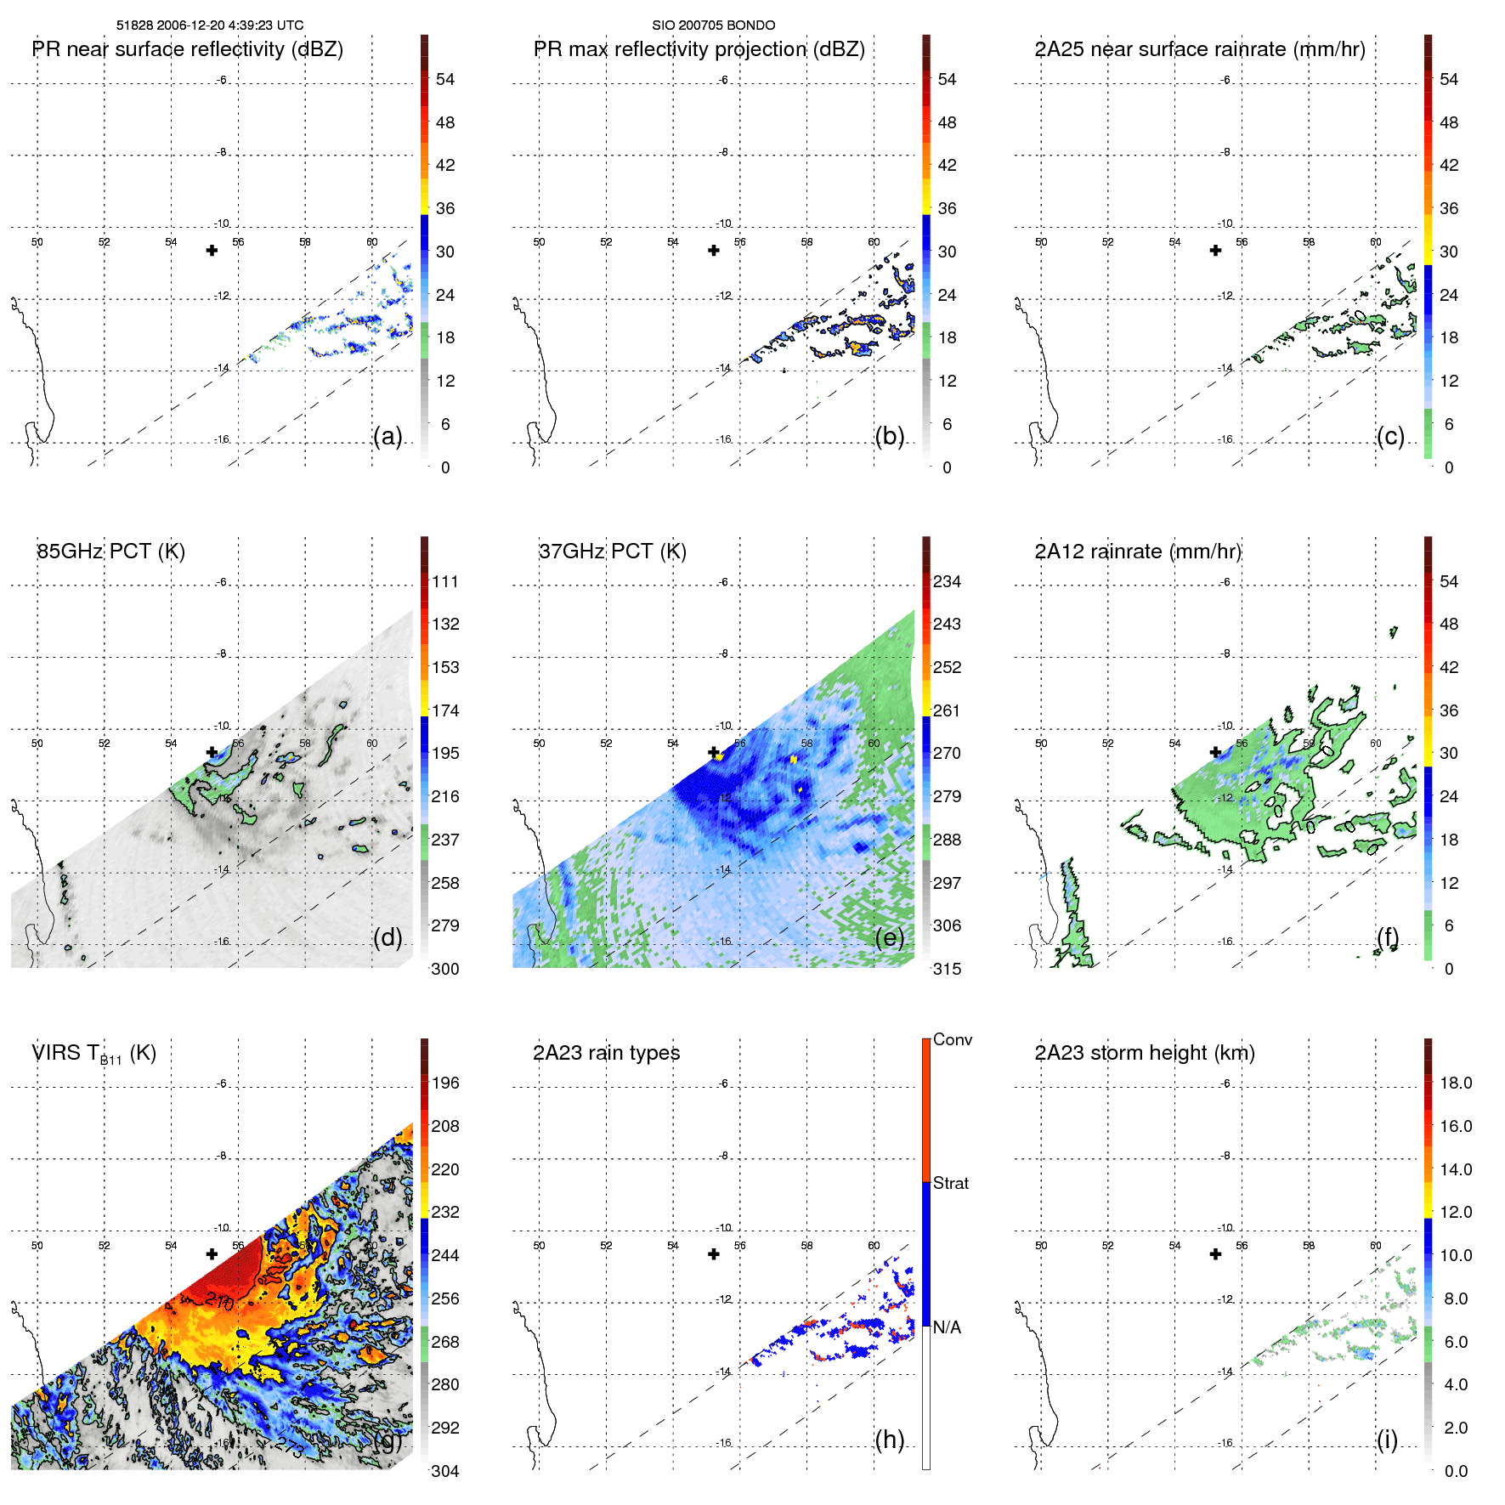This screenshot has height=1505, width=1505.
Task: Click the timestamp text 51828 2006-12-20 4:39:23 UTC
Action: [x=210, y=25]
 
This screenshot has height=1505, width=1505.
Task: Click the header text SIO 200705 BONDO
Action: [x=713, y=25]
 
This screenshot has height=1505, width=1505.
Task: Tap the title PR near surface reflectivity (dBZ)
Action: [x=188, y=49]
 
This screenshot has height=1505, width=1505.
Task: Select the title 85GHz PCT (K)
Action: [x=110, y=552]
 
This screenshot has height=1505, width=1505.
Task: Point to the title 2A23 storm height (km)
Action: [x=1145, y=1053]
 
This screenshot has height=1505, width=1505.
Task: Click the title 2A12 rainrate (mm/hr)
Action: [x=1138, y=552]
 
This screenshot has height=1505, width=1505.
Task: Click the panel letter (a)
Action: [x=388, y=437]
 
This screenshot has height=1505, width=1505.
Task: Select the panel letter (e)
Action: [x=889, y=937]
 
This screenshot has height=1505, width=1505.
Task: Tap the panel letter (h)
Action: [x=889, y=1440]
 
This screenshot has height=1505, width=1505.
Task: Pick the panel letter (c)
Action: [x=1390, y=437]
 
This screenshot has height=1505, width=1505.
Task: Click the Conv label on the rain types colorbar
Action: [x=953, y=1040]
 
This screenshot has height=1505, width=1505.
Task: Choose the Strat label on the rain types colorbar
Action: [x=951, y=1184]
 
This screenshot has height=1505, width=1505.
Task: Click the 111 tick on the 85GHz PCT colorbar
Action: [x=445, y=582]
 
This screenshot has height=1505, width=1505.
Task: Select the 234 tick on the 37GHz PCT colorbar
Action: [x=947, y=582]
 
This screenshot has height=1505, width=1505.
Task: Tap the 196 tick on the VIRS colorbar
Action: [x=445, y=1083]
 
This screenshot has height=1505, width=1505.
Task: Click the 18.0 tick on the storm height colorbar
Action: [x=1456, y=1083]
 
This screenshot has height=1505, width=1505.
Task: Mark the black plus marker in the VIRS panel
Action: [x=212, y=1254]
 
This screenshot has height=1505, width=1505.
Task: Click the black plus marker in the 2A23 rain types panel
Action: [x=714, y=1254]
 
